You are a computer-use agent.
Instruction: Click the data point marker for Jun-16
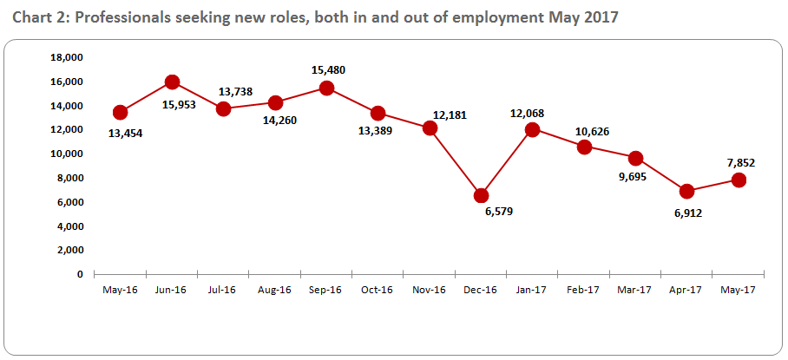tap(172, 82)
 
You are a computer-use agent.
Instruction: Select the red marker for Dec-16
tap(482, 195)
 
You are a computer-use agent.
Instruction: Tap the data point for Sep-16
tap(326, 88)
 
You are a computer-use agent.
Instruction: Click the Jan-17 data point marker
tap(533, 129)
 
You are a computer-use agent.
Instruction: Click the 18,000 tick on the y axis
tap(68, 57)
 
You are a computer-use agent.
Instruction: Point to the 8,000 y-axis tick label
tap(70, 178)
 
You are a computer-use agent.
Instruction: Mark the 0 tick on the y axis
tap(81, 274)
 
